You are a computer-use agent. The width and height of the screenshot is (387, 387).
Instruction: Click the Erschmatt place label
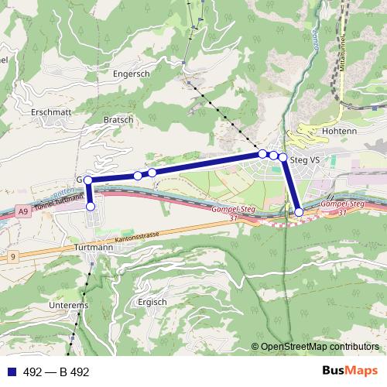click(30, 111)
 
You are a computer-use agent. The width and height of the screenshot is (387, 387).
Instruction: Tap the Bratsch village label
click(118, 121)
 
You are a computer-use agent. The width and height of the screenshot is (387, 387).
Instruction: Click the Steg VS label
click(303, 160)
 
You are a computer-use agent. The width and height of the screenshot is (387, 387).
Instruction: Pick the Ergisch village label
click(151, 302)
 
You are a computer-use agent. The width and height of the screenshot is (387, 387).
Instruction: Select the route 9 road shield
click(12, 255)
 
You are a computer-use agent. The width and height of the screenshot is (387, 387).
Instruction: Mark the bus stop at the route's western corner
click(88, 180)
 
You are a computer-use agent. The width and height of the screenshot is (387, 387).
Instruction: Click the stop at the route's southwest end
click(91, 207)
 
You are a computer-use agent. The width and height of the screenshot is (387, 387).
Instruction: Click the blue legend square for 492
click(10, 372)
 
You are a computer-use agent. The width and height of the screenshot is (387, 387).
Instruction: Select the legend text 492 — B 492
click(57, 372)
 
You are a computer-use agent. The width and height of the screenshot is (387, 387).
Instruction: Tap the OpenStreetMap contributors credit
click(320, 347)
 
